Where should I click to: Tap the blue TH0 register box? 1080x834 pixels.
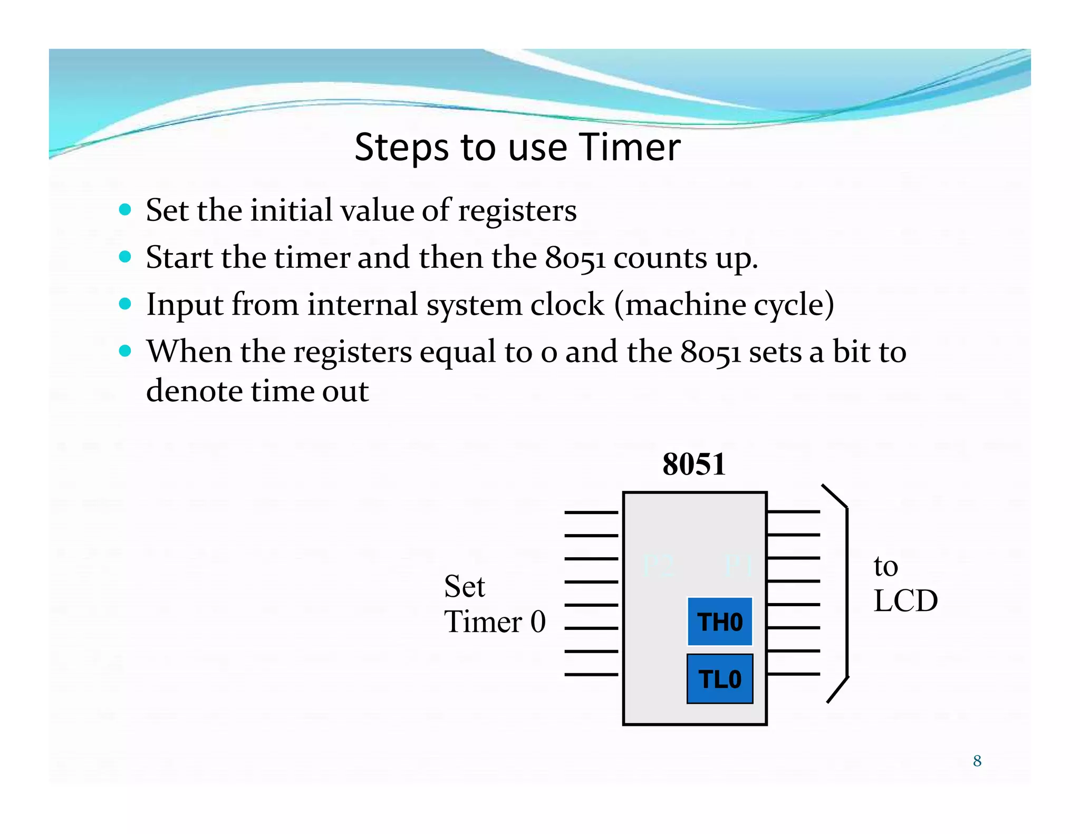[720, 622]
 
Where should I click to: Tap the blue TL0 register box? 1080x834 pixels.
[720, 679]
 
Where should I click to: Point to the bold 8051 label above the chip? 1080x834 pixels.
[694, 464]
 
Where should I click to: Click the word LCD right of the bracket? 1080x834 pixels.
[905, 600]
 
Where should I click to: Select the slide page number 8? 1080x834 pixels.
[977, 761]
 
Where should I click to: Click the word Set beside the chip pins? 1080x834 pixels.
[464, 586]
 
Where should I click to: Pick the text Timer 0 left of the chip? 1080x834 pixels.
[495, 622]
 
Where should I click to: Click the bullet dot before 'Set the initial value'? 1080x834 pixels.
[125, 210]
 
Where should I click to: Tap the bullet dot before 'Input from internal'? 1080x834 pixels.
[125, 304]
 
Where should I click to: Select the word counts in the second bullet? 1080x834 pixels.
[660, 258]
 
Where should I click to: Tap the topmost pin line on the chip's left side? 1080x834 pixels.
[591, 512]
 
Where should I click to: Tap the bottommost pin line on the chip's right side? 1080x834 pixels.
[794, 674]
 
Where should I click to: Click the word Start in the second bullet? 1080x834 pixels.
[179, 258]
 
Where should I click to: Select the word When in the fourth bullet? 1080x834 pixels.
[189, 352]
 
